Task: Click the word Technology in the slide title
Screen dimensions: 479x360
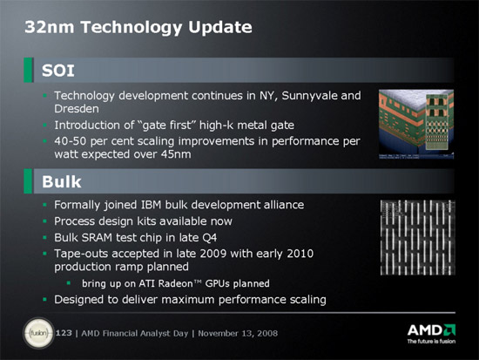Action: [x=132, y=28]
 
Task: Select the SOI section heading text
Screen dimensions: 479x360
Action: [x=58, y=71]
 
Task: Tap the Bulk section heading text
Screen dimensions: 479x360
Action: [x=62, y=181]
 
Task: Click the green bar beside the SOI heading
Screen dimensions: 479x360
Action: [x=28, y=70]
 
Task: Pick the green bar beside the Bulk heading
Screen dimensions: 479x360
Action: [x=28, y=181]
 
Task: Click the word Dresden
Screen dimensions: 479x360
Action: [x=77, y=109]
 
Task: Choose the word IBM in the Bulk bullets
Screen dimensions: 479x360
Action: [x=152, y=205]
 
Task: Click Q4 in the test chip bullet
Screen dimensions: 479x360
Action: [x=210, y=238]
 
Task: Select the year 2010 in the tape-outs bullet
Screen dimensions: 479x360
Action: [x=300, y=254]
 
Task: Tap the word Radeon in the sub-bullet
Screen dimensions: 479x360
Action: [x=176, y=283]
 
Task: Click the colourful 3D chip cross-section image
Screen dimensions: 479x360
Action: [x=416, y=124]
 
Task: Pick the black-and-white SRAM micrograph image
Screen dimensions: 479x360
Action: [x=417, y=238]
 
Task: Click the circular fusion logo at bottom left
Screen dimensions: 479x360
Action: [x=38, y=333]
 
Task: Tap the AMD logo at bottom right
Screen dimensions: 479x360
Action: [x=431, y=334]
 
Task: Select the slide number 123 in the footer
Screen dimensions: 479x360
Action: [x=64, y=333]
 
